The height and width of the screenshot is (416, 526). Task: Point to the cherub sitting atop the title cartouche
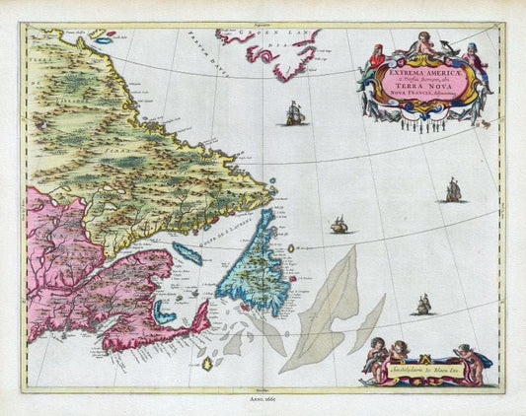pyautogui.click(x=422, y=42)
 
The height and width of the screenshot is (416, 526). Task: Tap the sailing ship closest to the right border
pyautogui.click(x=453, y=189)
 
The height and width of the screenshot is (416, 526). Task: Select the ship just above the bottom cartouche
pyautogui.click(x=423, y=306)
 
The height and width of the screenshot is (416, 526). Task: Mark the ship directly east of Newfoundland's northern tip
pyautogui.click(x=338, y=225)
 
